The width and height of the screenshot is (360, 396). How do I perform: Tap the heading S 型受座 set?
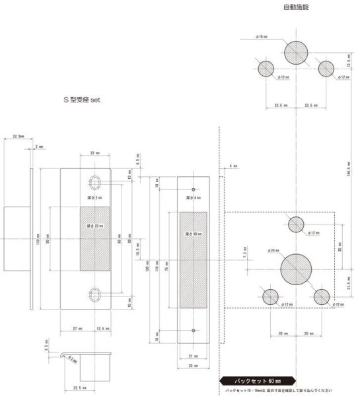87,100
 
